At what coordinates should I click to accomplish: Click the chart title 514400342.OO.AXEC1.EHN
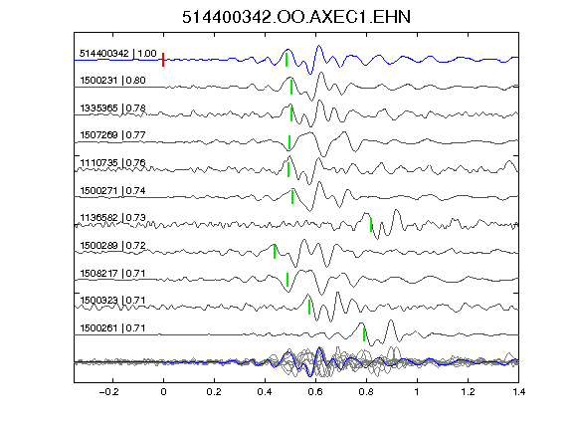(x=296, y=17)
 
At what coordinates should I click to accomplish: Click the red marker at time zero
(x=163, y=60)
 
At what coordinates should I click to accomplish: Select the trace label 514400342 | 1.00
(x=118, y=54)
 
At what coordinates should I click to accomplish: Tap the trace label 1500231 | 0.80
(x=112, y=81)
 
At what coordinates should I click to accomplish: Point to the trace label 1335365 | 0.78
(x=112, y=108)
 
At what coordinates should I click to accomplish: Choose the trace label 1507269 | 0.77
(x=112, y=135)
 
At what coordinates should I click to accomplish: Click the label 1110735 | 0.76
(x=112, y=163)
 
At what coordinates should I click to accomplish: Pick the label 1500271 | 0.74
(x=112, y=191)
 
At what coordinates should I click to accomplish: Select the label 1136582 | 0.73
(x=112, y=218)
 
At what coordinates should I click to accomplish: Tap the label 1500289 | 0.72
(x=112, y=245)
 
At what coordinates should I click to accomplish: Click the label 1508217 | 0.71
(x=112, y=274)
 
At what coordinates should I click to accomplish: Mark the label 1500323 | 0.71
(x=112, y=301)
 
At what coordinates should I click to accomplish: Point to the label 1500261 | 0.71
(x=112, y=328)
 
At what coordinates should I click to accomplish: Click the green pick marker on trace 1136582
(x=371, y=225)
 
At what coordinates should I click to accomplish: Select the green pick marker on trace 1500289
(x=275, y=252)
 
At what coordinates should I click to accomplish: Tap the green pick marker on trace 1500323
(x=309, y=308)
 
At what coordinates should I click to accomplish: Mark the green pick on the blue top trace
(x=286, y=60)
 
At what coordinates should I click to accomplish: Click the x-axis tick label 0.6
(x=315, y=392)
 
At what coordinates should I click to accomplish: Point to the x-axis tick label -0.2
(x=108, y=392)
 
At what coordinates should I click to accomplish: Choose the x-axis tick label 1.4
(x=518, y=392)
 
